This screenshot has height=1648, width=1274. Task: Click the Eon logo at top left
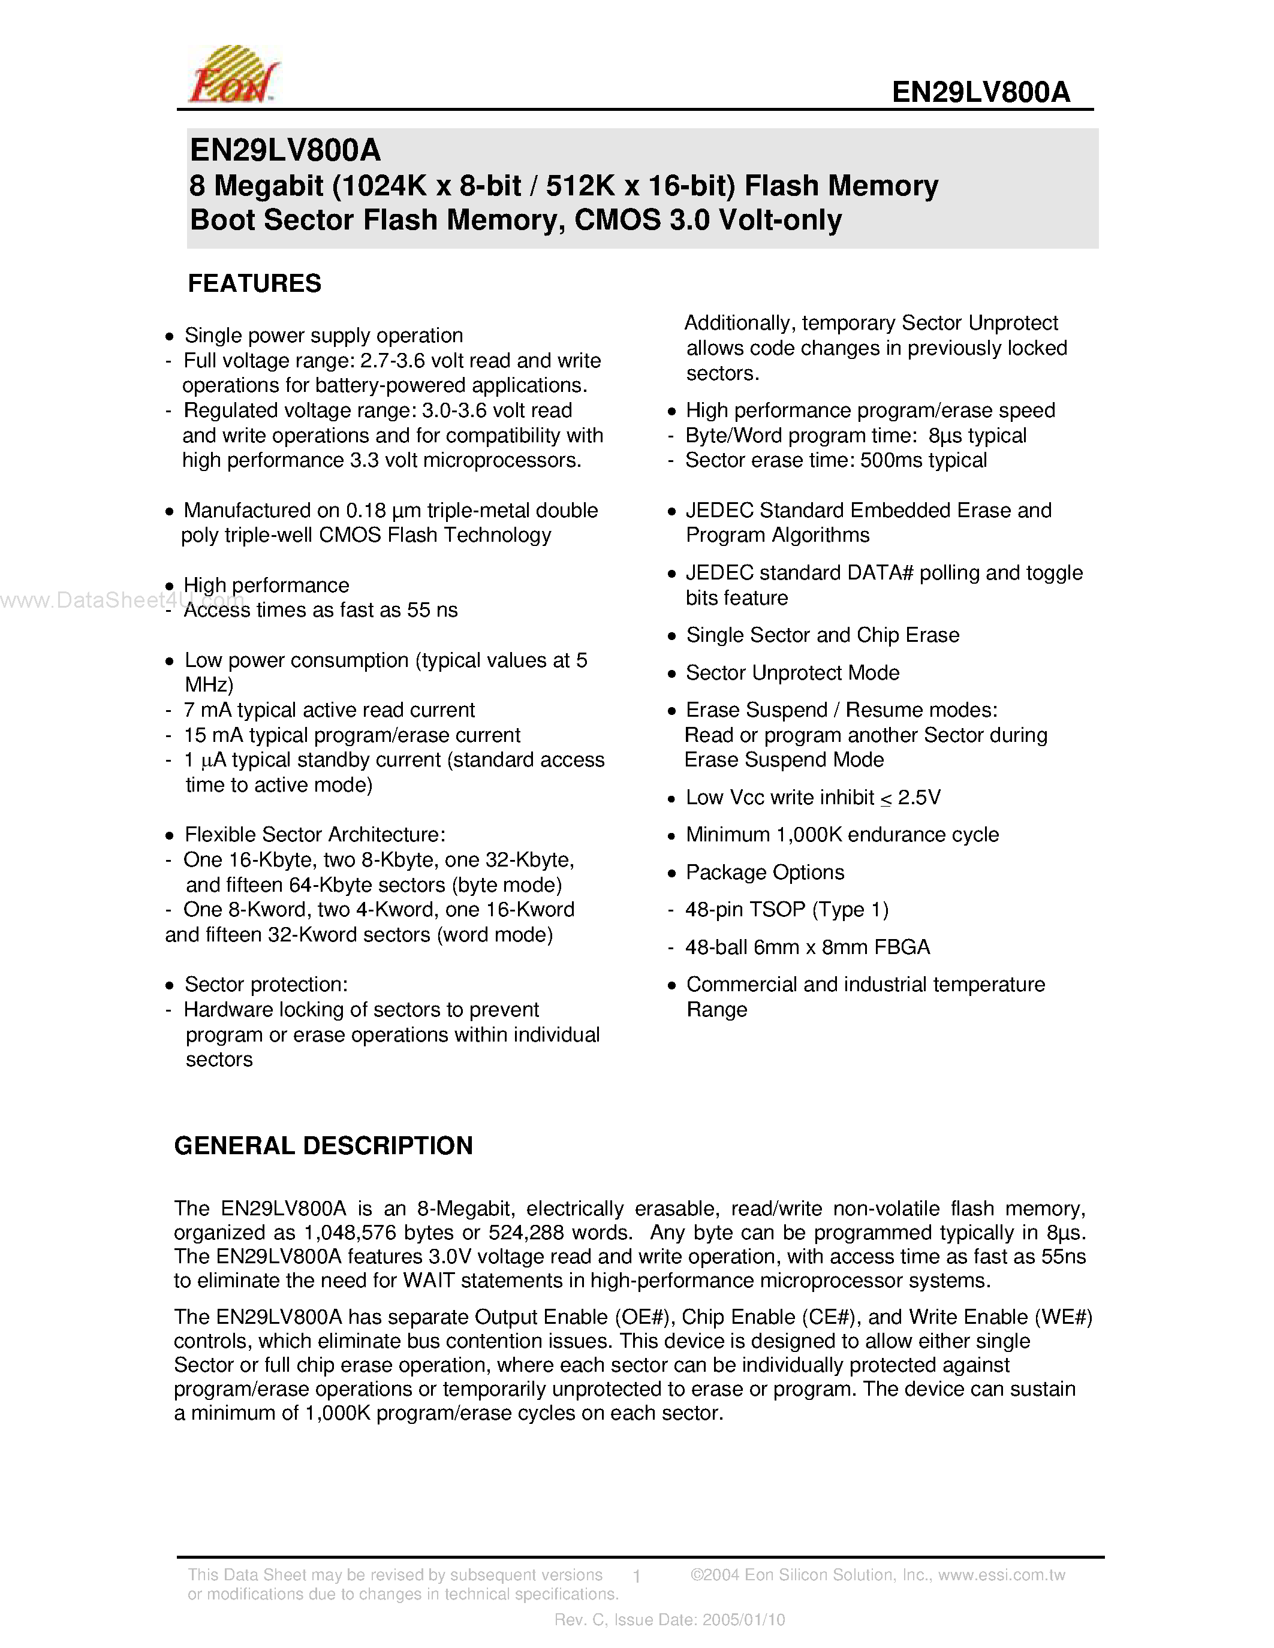233,76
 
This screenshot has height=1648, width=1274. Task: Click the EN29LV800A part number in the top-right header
980,92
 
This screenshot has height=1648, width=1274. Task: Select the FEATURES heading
254,283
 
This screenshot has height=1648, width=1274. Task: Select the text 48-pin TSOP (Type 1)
787,910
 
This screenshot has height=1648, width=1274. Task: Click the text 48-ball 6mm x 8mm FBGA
807,948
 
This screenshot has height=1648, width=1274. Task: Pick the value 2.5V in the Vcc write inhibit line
918,798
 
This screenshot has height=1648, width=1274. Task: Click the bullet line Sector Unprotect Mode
792,673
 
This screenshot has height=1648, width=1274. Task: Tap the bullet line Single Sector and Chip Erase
822,635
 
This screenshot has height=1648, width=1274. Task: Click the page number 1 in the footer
637,1576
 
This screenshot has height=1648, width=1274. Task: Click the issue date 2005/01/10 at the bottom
743,1619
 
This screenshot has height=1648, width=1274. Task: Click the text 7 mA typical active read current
329,711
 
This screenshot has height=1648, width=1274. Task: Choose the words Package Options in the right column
764,873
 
